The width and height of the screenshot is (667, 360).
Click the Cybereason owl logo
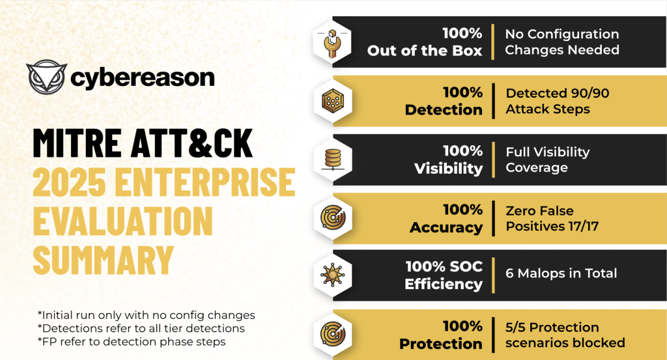pyautogui.click(x=46, y=77)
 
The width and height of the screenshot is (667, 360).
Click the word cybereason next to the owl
pyautogui.click(x=143, y=79)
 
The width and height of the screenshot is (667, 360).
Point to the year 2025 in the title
pyautogui.click(x=69, y=182)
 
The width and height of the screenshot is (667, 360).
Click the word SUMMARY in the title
pyautogui.click(x=104, y=260)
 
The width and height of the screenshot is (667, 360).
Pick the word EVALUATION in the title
pyautogui.click(x=122, y=221)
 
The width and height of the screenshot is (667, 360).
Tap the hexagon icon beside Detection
pyautogui.click(x=333, y=101)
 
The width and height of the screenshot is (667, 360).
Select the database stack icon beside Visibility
pyautogui.click(x=333, y=159)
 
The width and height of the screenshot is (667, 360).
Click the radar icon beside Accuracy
pyautogui.click(x=333, y=219)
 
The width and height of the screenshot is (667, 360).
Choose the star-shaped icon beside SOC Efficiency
pyautogui.click(x=332, y=275)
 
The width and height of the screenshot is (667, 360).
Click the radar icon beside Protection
pyautogui.click(x=333, y=334)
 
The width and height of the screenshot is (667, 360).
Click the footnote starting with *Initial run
pyautogui.click(x=147, y=315)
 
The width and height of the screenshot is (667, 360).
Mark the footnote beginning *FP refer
pyautogui.click(x=132, y=342)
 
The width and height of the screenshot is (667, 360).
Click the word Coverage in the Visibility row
pyautogui.click(x=537, y=168)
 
